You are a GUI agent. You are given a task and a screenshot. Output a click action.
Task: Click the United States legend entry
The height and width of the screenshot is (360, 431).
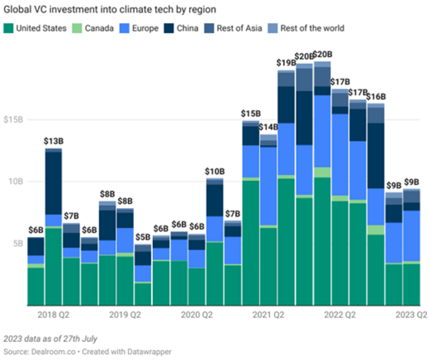point(40,28)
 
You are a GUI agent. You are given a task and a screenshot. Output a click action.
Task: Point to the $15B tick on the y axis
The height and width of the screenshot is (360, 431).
point(13,119)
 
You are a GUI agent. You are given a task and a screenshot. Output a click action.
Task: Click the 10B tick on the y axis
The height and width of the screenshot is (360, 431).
point(15,181)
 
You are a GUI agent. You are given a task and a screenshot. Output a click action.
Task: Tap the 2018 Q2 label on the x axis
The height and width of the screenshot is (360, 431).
point(54,314)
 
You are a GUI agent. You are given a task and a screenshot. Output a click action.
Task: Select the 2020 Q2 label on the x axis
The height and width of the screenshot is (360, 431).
point(196,314)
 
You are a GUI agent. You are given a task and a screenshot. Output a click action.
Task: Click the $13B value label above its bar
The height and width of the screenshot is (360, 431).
point(54,141)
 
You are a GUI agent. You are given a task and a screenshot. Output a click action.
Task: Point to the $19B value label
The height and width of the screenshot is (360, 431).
point(286,63)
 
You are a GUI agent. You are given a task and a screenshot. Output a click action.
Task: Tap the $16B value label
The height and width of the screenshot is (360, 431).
point(376,97)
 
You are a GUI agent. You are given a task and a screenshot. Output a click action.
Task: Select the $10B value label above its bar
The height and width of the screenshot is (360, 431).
point(215,172)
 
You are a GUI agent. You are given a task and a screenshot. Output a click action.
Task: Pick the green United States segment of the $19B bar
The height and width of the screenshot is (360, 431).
point(286,242)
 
